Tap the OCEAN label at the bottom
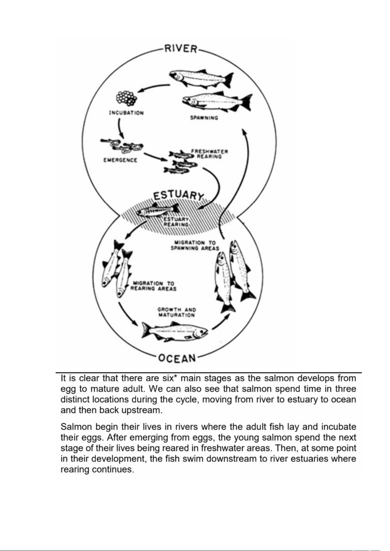pos(177,358)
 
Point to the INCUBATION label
pos(126,113)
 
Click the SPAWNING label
pos(204,118)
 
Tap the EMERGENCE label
pos(120,160)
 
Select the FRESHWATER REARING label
pos(209,154)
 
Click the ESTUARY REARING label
pos(176,222)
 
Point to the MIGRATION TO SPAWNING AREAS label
pos(195,245)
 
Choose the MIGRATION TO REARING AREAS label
pos(153,286)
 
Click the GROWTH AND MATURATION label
pos(177,312)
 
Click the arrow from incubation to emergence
pos(120,128)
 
